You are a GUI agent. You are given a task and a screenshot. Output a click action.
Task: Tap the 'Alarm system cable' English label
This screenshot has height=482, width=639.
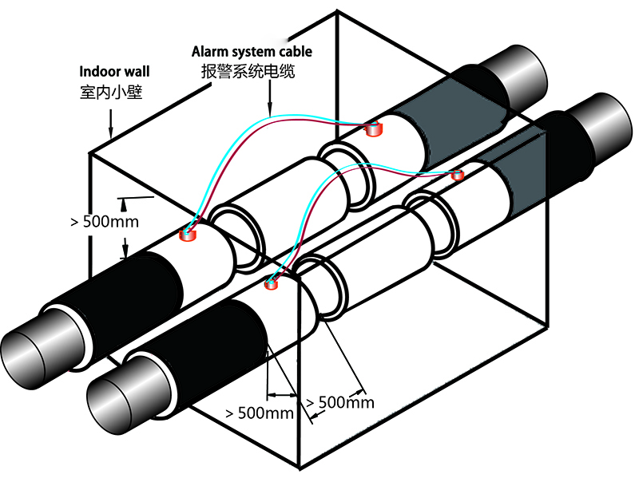(x=252, y=52)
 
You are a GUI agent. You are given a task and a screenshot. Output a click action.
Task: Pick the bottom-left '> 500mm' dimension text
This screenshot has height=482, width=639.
(x=260, y=413)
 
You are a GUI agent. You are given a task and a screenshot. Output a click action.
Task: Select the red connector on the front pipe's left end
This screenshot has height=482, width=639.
(x=273, y=282)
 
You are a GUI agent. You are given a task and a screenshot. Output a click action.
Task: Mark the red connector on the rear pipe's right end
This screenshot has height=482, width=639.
(x=372, y=126)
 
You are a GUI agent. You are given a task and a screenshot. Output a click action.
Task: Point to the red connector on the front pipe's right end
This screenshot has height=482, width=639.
(x=457, y=175)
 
